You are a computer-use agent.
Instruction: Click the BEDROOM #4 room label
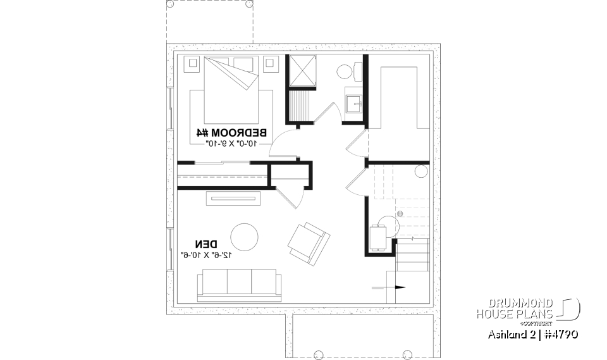[x=232, y=133]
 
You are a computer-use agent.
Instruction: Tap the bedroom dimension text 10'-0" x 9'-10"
[x=232, y=144]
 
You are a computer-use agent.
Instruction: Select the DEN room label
[x=206, y=244]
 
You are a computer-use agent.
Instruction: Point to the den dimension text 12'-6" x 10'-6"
[x=206, y=255]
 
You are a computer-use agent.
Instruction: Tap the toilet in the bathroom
[x=345, y=71]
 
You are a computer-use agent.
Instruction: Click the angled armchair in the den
[x=308, y=242]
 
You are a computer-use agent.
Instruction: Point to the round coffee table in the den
[x=243, y=237]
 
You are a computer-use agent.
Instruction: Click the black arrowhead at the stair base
[x=400, y=287]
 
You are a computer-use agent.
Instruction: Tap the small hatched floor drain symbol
[x=400, y=214]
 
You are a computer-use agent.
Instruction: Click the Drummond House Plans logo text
[x=515, y=308]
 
